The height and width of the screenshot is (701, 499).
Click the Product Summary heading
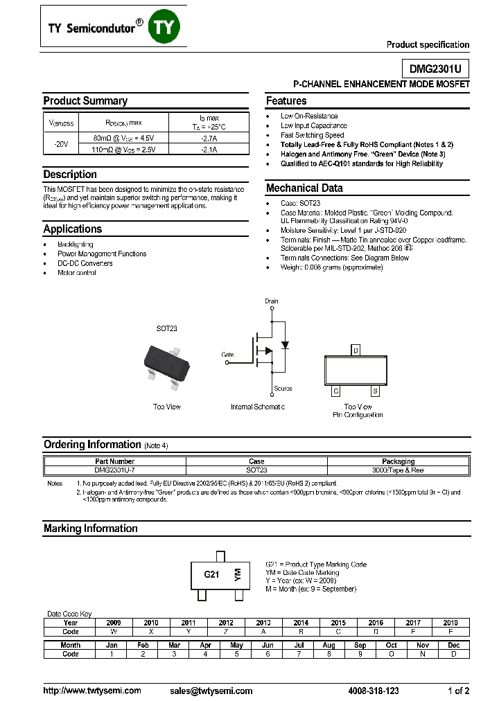[x=85, y=101]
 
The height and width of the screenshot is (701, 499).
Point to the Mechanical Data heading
[x=304, y=188]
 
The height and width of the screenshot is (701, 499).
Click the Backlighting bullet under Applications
[x=76, y=245]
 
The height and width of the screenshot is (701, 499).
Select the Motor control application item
[x=77, y=273]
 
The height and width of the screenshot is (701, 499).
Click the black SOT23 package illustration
[x=167, y=362]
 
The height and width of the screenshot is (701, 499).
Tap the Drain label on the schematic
[x=271, y=301]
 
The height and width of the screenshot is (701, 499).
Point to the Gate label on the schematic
[x=227, y=354]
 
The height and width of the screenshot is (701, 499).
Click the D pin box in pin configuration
[x=356, y=350]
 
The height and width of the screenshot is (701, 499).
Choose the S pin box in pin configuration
[x=375, y=391]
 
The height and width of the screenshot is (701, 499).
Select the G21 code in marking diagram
[x=211, y=575]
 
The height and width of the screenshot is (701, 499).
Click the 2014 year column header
[x=300, y=623]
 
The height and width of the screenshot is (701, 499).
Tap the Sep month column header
[x=360, y=645]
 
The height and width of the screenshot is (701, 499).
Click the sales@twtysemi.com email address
[x=211, y=691]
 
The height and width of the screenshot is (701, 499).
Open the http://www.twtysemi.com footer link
[x=92, y=691]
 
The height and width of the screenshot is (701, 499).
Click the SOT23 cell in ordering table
[x=256, y=470]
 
